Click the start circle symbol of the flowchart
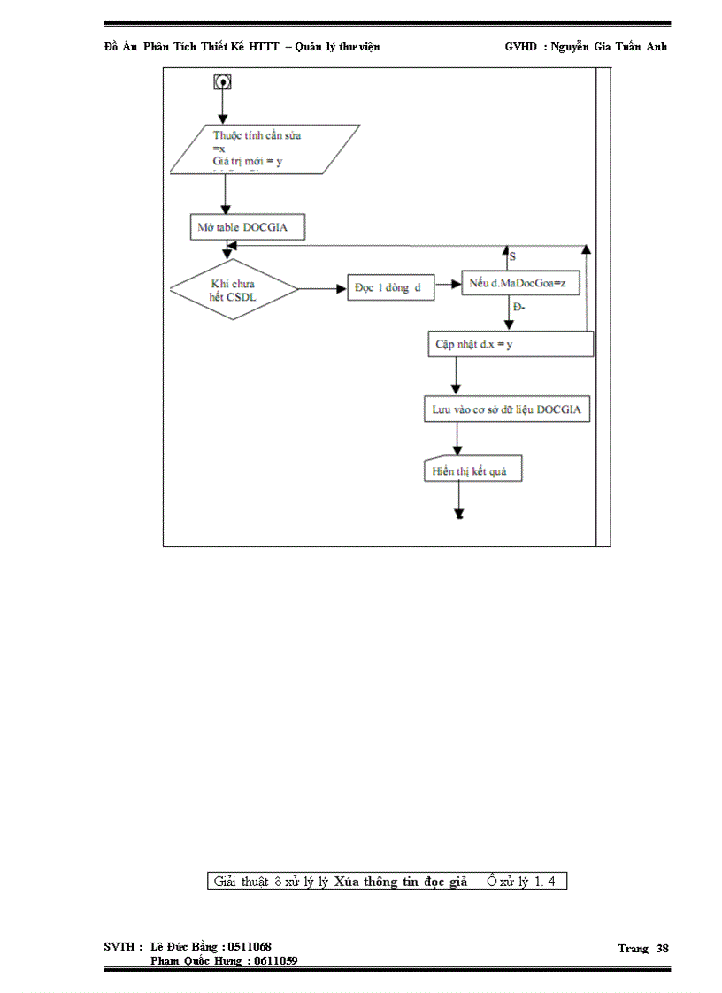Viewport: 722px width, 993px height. (222, 81)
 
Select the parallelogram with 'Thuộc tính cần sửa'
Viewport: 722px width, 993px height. (265, 149)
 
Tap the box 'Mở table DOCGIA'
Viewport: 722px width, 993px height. (249, 227)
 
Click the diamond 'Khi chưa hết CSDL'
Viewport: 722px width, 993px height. (234, 289)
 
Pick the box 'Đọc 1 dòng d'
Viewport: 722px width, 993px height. (390, 289)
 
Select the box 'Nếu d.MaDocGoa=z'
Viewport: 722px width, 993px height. (523, 283)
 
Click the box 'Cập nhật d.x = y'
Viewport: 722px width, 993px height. (510, 344)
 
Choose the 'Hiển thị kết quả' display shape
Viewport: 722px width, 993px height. (472, 470)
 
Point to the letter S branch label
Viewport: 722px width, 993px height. (512, 256)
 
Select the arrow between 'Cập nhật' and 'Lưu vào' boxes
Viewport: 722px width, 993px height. (457, 376)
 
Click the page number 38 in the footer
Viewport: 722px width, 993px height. (662, 948)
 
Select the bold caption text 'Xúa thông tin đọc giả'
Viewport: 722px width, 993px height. (401, 881)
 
